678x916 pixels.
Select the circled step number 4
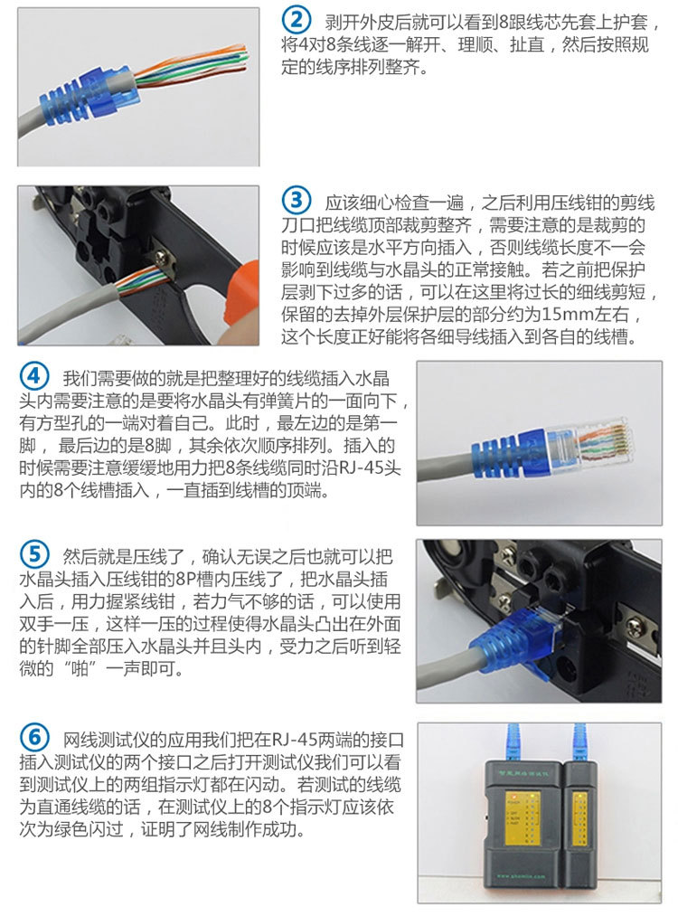(x=33, y=374)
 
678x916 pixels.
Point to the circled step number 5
(x=33, y=553)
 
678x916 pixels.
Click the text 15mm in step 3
(x=567, y=316)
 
